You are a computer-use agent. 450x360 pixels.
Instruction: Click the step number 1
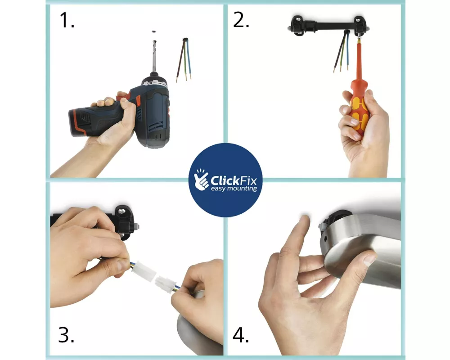point(67,20)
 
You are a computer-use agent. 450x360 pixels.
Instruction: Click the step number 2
point(241,20)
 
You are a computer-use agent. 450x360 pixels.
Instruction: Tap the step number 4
point(240,335)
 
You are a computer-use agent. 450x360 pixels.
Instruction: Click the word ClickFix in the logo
point(234,181)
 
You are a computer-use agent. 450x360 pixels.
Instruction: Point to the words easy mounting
point(234,189)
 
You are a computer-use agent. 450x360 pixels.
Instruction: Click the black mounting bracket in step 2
point(328,26)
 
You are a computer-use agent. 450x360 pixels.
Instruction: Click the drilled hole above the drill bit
point(154,31)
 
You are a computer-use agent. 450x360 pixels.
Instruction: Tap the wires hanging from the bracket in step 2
point(342,50)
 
